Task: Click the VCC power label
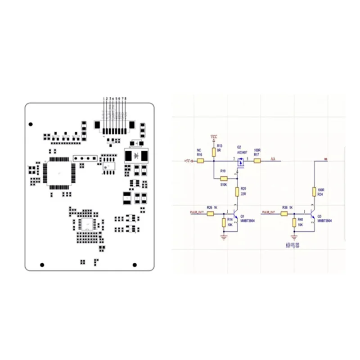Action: point(214,136)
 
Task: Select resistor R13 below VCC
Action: point(214,150)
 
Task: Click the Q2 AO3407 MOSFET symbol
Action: point(240,162)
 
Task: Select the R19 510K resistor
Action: point(224,179)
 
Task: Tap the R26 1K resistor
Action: point(210,214)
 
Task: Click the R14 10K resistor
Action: point(224,223)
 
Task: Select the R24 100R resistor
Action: point(315,192)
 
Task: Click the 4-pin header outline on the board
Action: point(85,158)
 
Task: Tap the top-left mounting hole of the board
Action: point(31,124)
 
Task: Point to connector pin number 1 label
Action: point(104,98)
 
